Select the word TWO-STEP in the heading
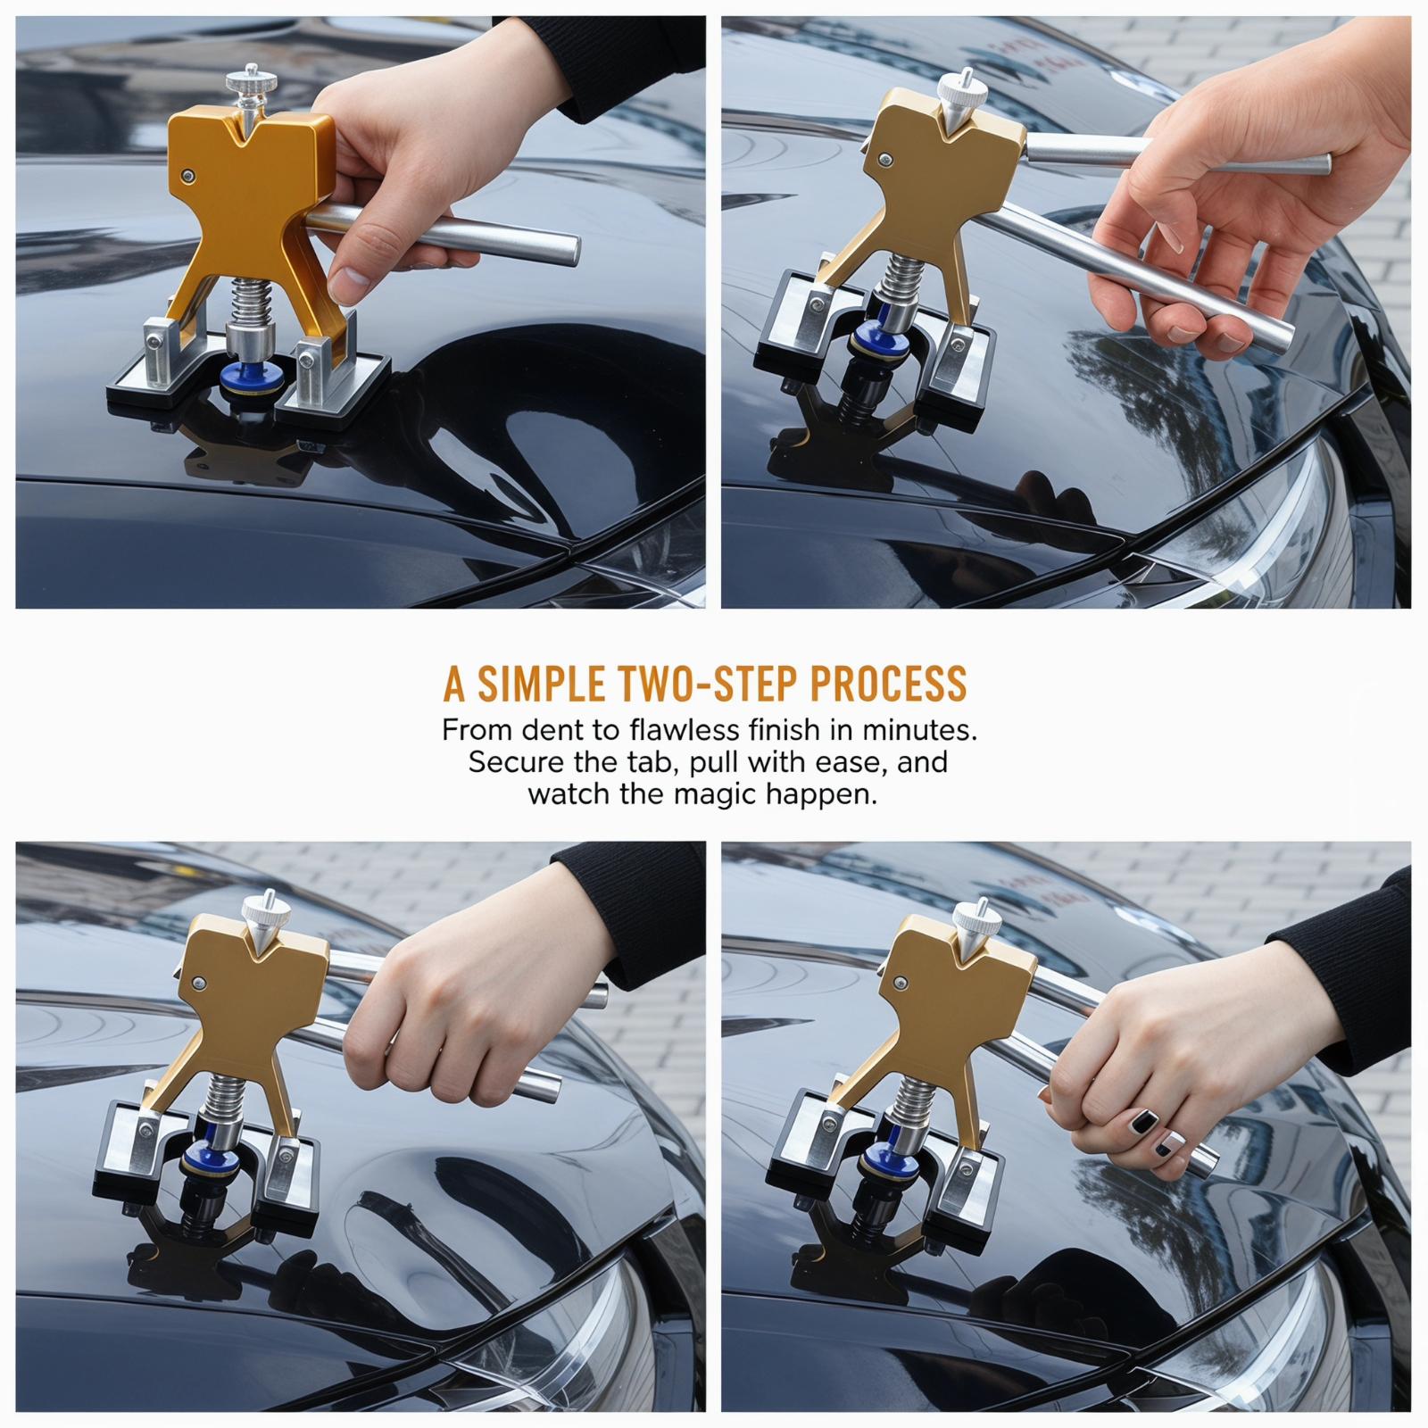703,684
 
